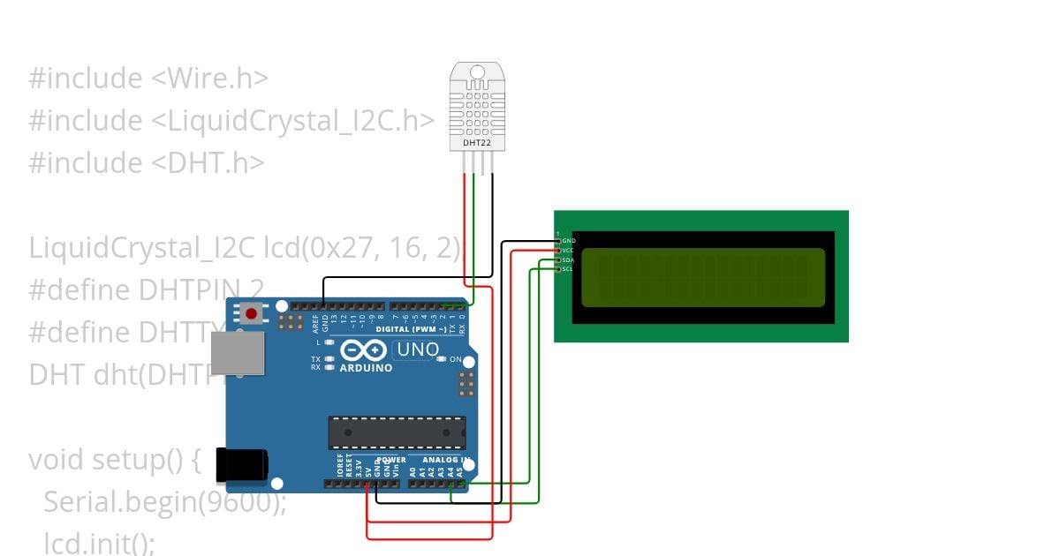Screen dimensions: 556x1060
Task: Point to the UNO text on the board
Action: click(418, 349)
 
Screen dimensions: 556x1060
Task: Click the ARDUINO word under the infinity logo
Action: click(365, 367)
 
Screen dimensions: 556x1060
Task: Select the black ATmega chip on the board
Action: click(397, 432)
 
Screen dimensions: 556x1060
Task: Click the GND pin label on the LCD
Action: click(569, 241)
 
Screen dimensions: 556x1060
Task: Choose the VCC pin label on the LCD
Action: click(568, 251)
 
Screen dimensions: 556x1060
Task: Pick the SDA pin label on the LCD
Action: click(568, 259)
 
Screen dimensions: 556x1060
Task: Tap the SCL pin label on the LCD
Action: click(568, 269)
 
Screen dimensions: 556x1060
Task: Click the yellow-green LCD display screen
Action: click(703, 277)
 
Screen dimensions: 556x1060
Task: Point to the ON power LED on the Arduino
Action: click(456, 360)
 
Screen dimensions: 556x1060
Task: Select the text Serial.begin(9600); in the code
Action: click(165, 502)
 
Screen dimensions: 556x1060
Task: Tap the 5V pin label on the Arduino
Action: click(367, 468)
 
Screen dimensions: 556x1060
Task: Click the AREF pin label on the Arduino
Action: click(315, 321)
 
